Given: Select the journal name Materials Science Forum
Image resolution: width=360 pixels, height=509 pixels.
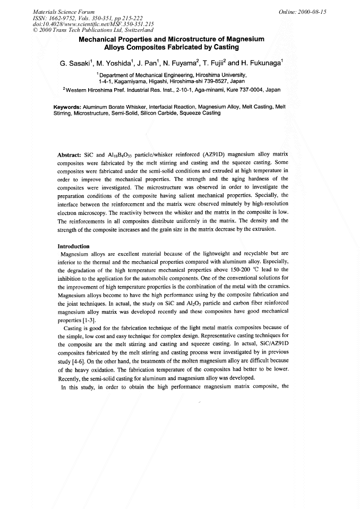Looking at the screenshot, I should point(57,11).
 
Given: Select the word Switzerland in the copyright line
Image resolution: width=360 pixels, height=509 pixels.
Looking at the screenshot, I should point(134,30).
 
